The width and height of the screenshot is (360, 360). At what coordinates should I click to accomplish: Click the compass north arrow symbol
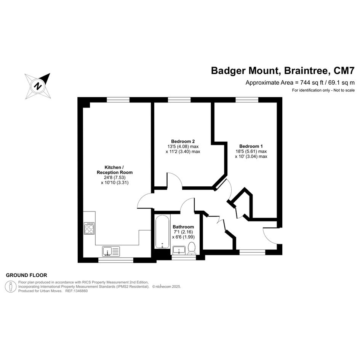tap(38, 86)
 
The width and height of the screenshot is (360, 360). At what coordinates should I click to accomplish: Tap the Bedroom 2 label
tap(183, 141)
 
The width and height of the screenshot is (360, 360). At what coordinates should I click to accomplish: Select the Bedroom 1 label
tap(251, 146)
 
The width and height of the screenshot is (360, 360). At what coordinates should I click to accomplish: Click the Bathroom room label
tap(183, 227)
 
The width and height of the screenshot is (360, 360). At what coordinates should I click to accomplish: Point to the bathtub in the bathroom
tap(162, 232)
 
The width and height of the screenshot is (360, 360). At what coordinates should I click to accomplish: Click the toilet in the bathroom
tap(191, 248)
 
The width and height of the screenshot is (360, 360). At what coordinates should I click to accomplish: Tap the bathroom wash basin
tap(179, 250)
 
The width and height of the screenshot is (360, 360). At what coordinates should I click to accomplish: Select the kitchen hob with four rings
tap(89, 228)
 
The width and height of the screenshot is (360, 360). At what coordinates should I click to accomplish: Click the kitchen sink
tap(111, 251)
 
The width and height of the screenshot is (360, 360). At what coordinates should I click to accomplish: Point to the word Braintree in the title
tap(306, 70)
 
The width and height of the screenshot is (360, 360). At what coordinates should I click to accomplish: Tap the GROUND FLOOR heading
tap(26, 275)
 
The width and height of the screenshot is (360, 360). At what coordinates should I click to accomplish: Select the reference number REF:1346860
tap(77, 291)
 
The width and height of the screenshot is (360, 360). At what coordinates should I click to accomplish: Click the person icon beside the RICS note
tap(11, 287)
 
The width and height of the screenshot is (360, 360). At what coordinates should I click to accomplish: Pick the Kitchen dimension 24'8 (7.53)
tap(115, 178)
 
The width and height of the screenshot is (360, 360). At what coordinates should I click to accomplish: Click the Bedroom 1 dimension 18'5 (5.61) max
tap(251, 151)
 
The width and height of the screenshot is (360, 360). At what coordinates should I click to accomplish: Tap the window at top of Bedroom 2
tap(179, 100)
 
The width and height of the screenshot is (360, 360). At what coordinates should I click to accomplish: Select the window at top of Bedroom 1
tap(247, 100)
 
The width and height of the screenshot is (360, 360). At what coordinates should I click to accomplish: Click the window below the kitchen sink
tap(116, 260)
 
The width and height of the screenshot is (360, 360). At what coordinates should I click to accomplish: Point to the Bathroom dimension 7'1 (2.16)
tap(183, 232)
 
